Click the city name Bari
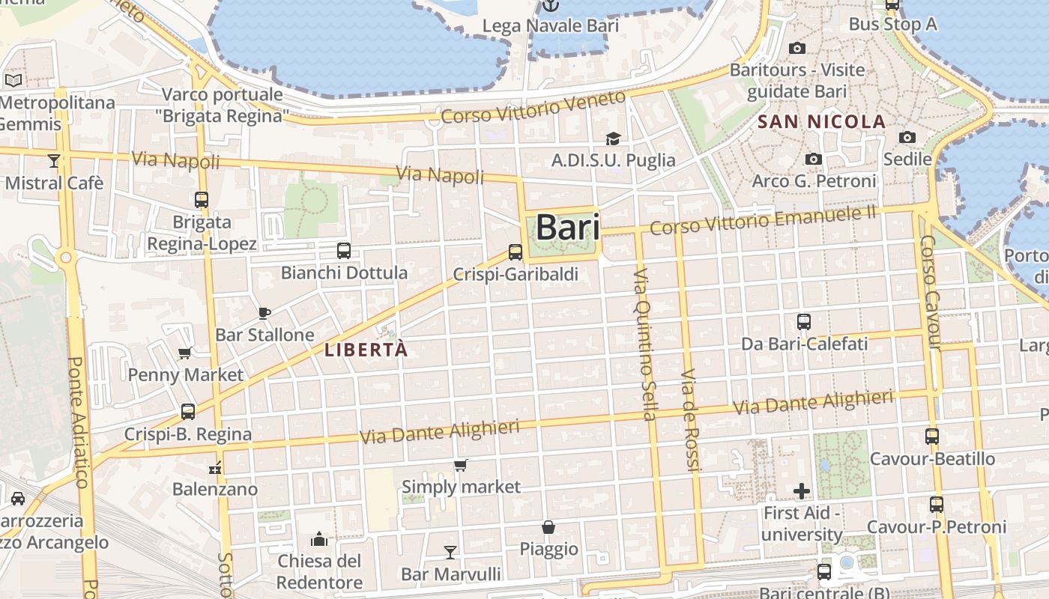pyautogui.click(x=568, y=228)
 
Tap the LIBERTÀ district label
pyautogui.click(x=366, y=350)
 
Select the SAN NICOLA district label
pyautogui.click(x=822, y=121)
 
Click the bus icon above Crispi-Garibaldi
pyautogui.click(x=516, y=252)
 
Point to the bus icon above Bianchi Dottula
pyautogui.click(x=344, y=251)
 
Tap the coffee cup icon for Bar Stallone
pyautogui.click(x=264, y=313)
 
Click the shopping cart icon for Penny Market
pyautogui.click(x=184, y=353)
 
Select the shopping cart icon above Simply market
pyautogui.click(x=461, y=466)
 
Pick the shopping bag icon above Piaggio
pyautogui.click(x=548, y=527)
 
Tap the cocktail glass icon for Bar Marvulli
pyautogui.click(x=450, y=553)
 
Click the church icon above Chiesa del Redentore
pyautogui.click(x=319, y=539)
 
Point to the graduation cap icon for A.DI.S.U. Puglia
pyautogui.click(x=613, y=139)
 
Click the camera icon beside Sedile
pyautogui.click(x=907, y=137)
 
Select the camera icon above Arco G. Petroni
pyautogui.click(x=813, y=159)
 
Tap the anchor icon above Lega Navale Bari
pyautogui.click(x=551, y=6)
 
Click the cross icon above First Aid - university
pyautogui.click(x=802, y=491)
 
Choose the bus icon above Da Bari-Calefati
pyautogui.click(x=804, y=322)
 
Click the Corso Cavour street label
pyautogui.click(x=929, y=292)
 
